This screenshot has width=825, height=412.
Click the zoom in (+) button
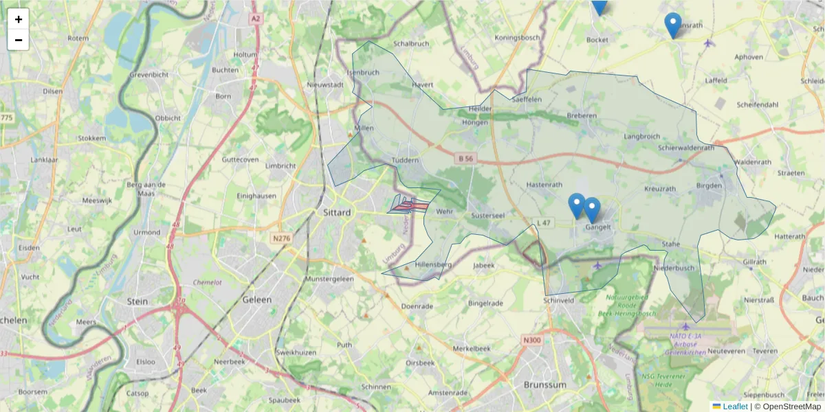coord(19,19)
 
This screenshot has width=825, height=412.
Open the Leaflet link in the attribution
coord(734,407)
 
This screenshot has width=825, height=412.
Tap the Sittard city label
coord(337,213)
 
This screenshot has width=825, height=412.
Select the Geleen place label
coord(257,300)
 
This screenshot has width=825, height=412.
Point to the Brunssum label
coord(544,385)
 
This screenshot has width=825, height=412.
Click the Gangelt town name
coord(598,228)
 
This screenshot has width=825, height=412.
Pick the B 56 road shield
coord(465,159)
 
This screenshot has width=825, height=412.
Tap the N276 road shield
coord(280,238)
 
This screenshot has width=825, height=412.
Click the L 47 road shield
coord(544,222)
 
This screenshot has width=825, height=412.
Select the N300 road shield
coord(531,339)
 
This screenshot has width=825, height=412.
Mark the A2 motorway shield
coord(256,19)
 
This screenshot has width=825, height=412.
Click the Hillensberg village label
coord(433,264)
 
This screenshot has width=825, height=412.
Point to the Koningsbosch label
coord(517,38)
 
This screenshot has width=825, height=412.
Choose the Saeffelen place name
coord(527,99)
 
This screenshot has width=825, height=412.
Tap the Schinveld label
coord(558,301)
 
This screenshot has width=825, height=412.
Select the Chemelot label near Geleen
coord(208,282)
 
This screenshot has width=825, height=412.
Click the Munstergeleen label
coord(329,279)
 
